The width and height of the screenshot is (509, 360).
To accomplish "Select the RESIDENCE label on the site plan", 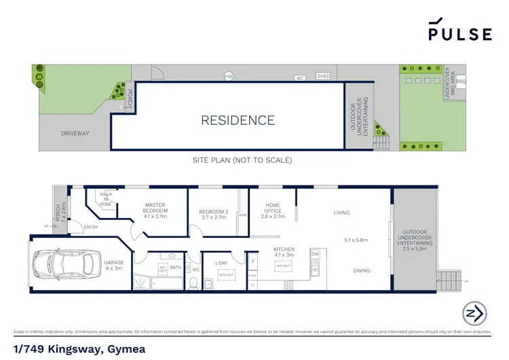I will click(x=238, y=121).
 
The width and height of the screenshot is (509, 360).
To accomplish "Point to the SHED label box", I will click(x=324, y=76).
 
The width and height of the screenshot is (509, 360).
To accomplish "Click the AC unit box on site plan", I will click(x=299, y=77).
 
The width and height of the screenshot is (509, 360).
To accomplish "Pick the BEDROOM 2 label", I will click(x=212, y=215).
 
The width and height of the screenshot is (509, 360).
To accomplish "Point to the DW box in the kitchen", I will click(x=314, y=254).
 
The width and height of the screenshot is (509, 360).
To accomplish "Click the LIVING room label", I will click(x=341, y=213).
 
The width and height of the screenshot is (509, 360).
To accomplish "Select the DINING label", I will click(x=362, y=271).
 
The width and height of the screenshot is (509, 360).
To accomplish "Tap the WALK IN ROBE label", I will click(x=105, y=198).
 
